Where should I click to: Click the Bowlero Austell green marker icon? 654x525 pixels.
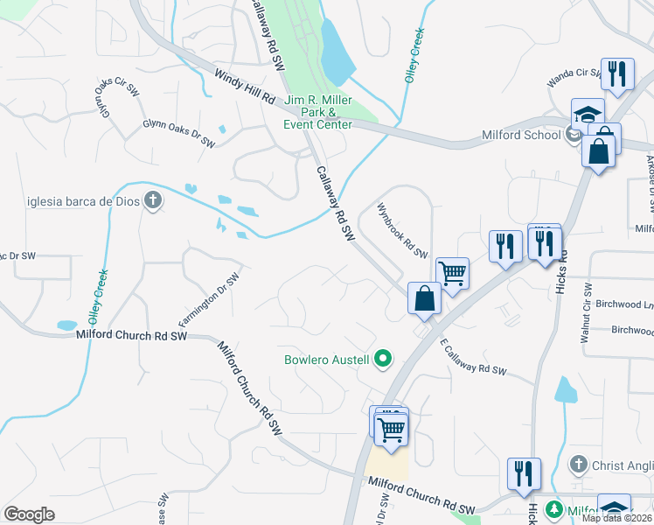pyautogui.click(x=382, y=359)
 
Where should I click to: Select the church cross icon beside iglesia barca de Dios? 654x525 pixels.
pyautogui.click(x=153, y=201)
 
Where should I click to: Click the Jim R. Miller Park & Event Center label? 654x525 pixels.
pyautogui.click(x=317, y=112)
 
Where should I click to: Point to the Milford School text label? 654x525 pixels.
pyautogui.click(x=521, y=135)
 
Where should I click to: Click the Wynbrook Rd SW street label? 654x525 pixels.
pyautogui.click(x=402, y=232)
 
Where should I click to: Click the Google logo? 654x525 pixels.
pyautogui.click(x=29, y=514)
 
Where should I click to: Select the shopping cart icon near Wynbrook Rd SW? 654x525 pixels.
pyautogui.click(x=452, y=272)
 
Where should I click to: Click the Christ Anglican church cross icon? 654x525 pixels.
pyautogui.click(x=577, y=463)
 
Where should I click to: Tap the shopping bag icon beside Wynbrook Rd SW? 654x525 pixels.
pyautogui.click(x=424, y=297)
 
